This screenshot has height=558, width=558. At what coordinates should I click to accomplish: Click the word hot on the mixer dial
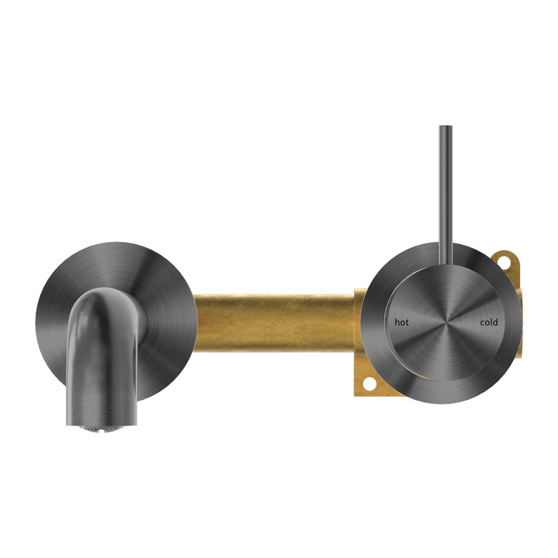point(402,322)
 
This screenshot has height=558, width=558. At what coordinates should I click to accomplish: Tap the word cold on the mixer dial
point(489,322)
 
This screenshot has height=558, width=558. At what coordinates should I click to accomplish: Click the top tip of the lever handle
point(445,128)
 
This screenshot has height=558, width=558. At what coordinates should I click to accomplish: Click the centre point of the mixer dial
point(445,322)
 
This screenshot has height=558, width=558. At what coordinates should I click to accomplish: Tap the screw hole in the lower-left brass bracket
point(369,384)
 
